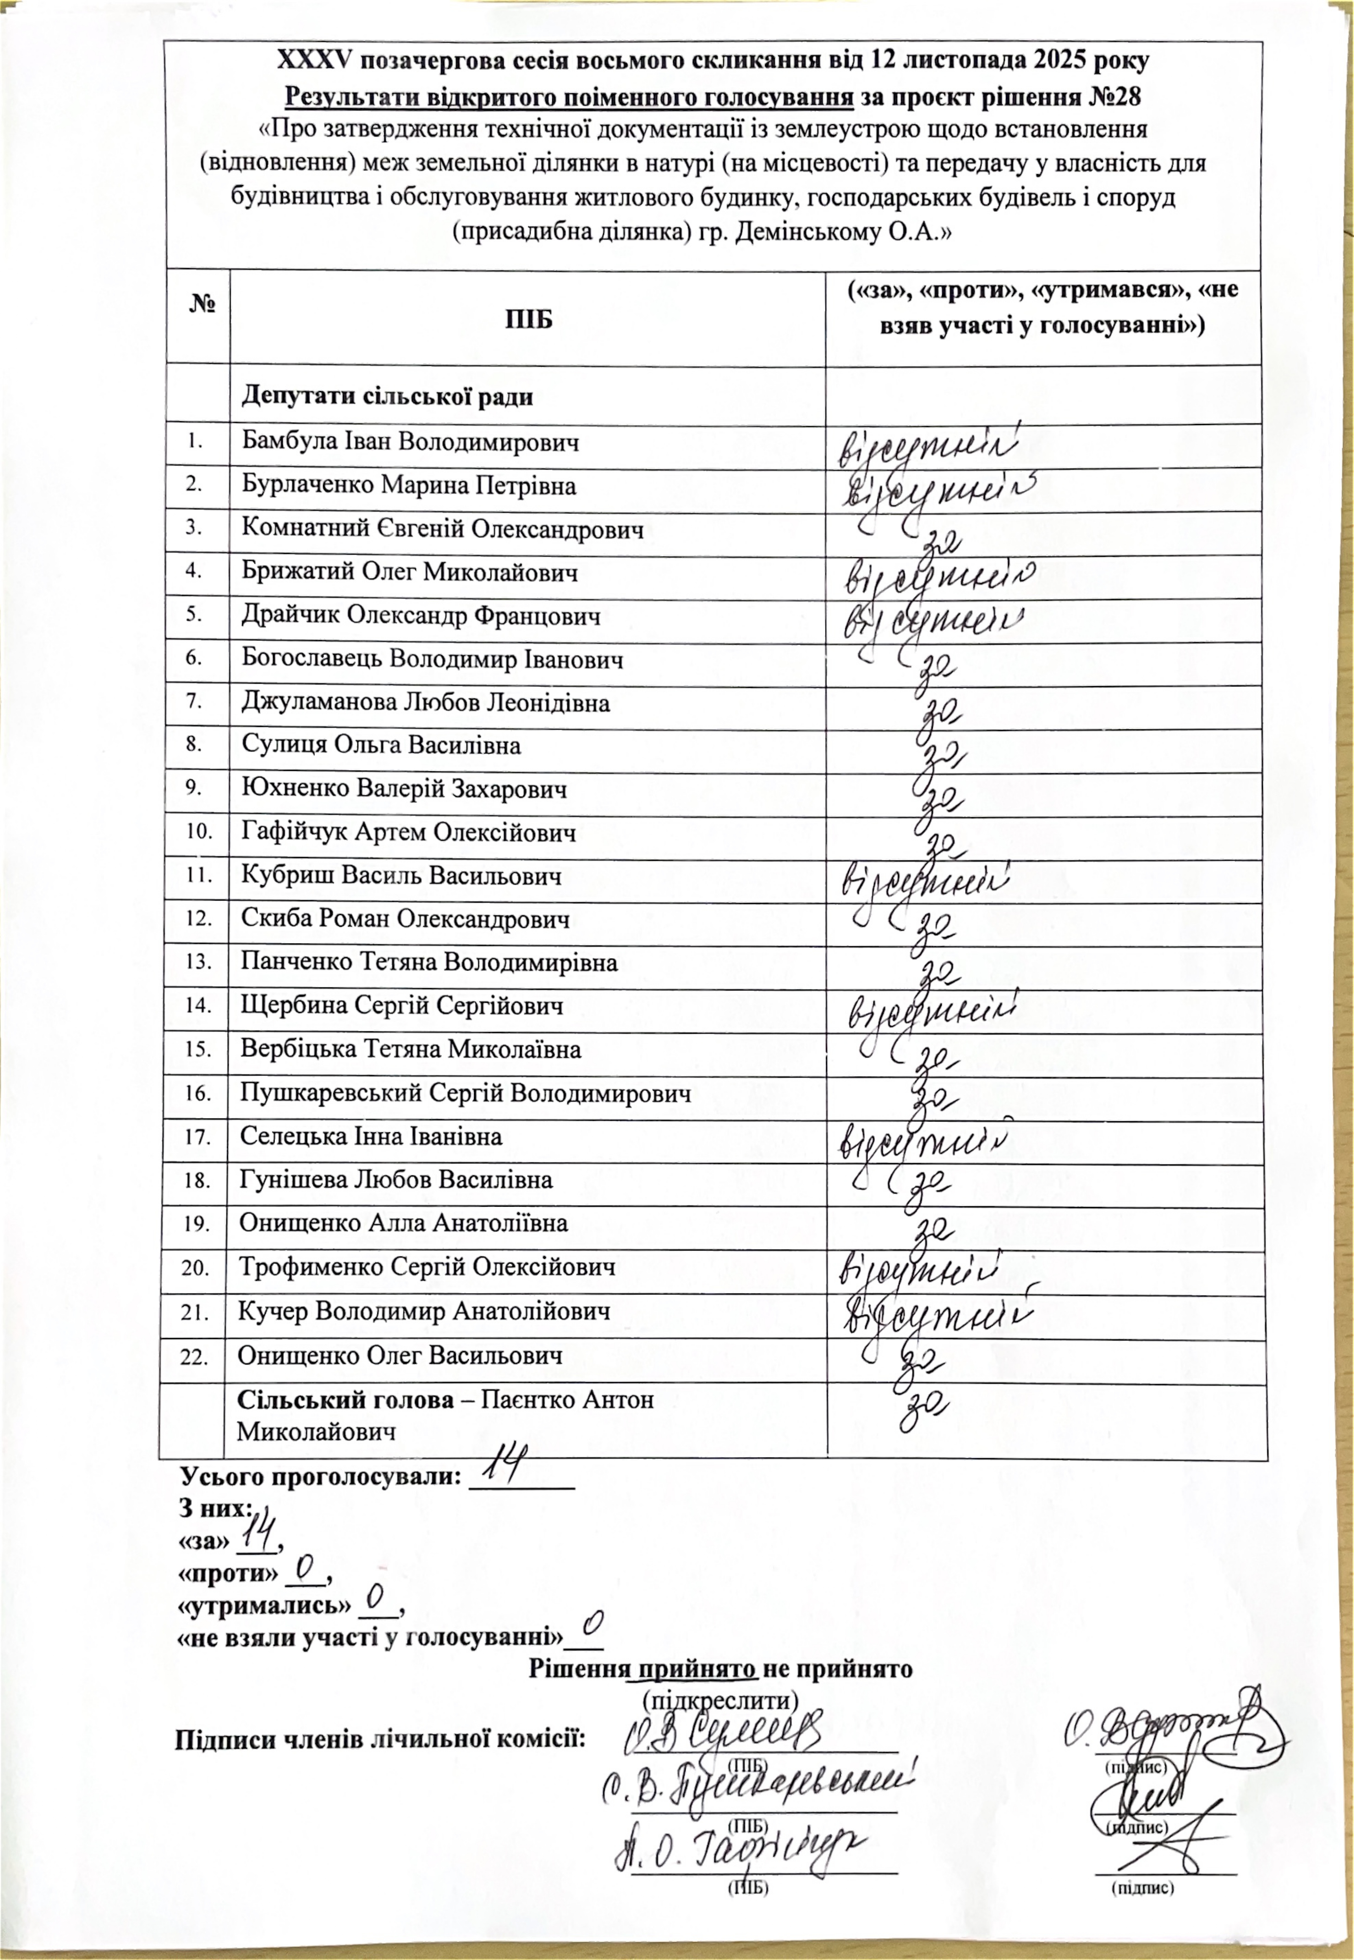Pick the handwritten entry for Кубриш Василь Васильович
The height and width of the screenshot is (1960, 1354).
tap(925, 880)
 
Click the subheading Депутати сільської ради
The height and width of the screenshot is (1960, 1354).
tap(388, 396)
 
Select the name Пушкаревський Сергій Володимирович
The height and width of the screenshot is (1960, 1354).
tap(465, 1093)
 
